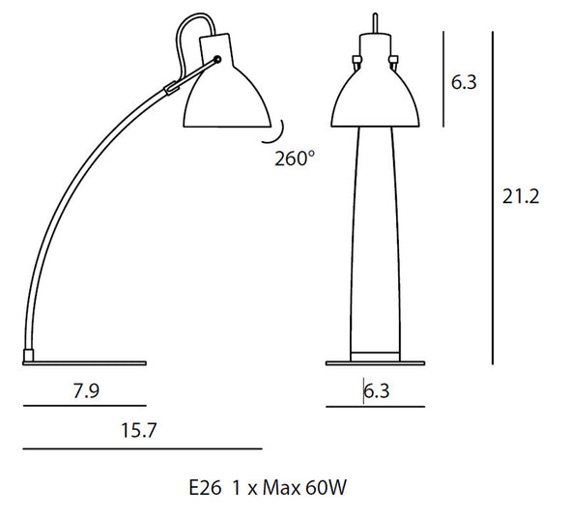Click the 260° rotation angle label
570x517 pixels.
[x=294, y=158]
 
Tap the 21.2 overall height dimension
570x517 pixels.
[x=521, y=197]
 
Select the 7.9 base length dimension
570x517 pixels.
[x=86, y=390]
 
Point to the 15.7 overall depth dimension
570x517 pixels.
[x=138, y=430]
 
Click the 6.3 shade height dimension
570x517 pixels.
[x=464, y=82]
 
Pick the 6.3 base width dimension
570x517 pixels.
[x=377, y=391]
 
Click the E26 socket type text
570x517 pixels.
[x=205, y=488]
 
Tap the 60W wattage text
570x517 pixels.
[x=327, y=488]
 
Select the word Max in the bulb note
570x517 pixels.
[x=281, y=488]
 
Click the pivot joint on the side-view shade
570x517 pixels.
[x=217, y=60]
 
